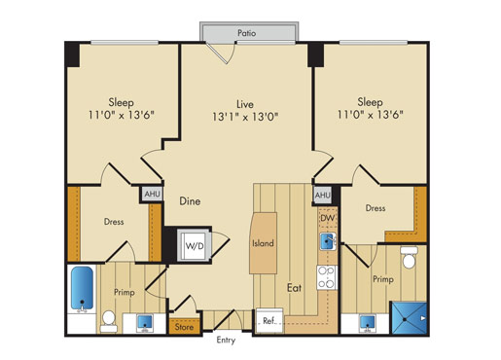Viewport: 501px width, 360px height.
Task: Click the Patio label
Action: [x=247, y=33]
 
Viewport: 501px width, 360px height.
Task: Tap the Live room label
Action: [x=245, y=104]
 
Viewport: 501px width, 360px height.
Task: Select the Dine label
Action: [x=190, y=201]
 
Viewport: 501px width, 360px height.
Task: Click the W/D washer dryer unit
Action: [x=195, y=245]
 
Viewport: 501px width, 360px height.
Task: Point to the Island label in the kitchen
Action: [x=263, y=243]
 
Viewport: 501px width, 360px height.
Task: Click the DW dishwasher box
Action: [x=328, y=218]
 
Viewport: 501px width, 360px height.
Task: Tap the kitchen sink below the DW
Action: [x=328, y=241]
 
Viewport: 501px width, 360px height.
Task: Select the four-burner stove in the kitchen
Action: [x=327, y=277]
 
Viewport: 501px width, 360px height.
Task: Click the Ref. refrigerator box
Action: [x=269, y=321]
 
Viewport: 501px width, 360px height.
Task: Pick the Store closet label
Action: [x=184, y=327]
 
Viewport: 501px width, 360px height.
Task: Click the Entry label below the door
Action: [x=226, y=341]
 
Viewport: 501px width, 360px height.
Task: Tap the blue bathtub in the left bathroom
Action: [x=82, y=289]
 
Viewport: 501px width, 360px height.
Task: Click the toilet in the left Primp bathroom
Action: [x=109, y=321]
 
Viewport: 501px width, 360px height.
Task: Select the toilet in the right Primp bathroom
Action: [x=409, y=258]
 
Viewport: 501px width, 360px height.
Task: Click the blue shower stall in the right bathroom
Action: [x=409, y=318]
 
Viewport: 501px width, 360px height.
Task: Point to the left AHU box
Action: [x=153, y=195]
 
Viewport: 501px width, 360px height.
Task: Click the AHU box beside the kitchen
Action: [x=323, y=196]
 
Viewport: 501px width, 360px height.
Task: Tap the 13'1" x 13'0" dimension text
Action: [x=245, y=117]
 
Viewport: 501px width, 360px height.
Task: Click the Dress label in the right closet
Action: [x=376, y=208]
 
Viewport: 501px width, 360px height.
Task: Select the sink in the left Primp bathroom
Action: [x=145, y=323]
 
